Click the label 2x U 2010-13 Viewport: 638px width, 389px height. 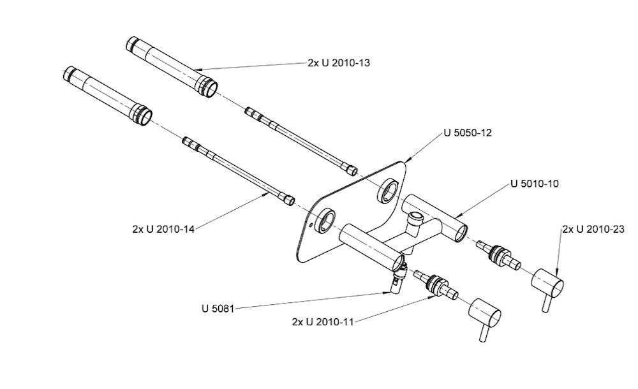[x=339, y=63]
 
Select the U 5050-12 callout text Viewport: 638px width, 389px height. [x=468, y=133]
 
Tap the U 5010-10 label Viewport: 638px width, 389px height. [x=535, y=184]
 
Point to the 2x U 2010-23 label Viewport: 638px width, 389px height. [x=593, y=230]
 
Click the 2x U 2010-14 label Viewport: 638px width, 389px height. [x=163, y=229]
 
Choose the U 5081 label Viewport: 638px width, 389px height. [x=218, y=309]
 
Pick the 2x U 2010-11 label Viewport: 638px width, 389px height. [x=323, y=322]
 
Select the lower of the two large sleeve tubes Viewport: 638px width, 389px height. [x=108, y=96]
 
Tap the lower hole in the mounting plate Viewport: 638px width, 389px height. [x=326, y=221]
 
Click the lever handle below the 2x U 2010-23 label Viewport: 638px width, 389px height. [x=547, y=286]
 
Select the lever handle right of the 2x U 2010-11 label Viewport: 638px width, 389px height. [x=485, y=316]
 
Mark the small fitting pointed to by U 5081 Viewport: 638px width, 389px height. [x=397, y=278]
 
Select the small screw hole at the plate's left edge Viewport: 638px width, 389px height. [x=311, y=224]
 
